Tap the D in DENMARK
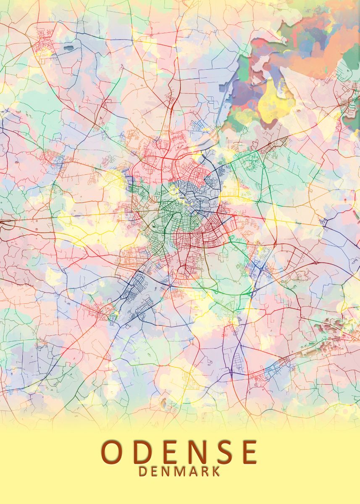pos(143,471)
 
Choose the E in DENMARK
pos(154,471)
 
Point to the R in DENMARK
pos(204,471)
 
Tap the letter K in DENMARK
pos(215,471)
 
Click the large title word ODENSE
pos(179,452)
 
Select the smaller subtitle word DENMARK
pos(179,471)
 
